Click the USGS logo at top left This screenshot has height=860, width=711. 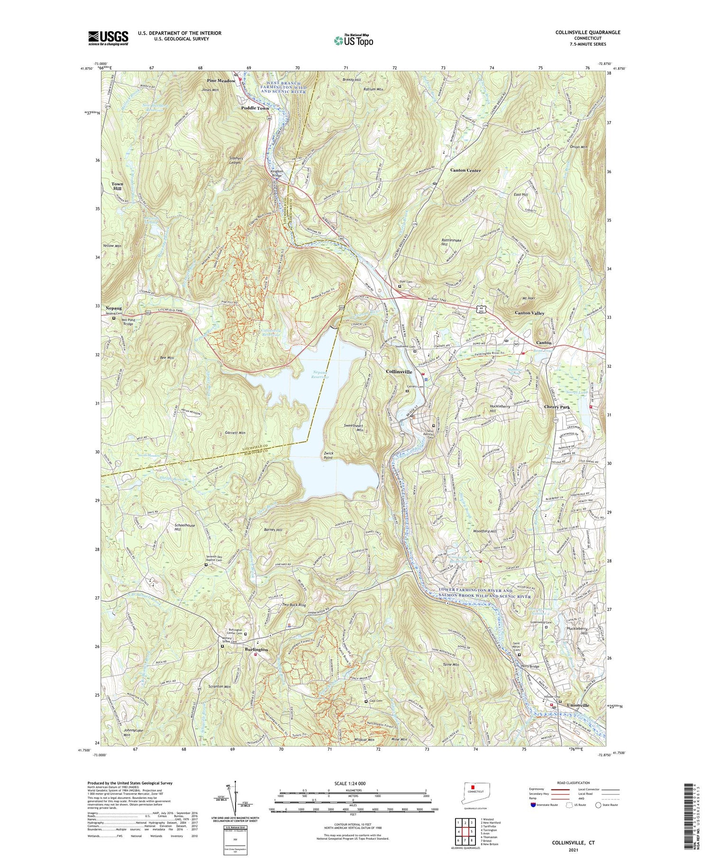coord(108,38)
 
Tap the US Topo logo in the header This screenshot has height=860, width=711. coord(353,41)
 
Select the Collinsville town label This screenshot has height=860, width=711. coord(399,372)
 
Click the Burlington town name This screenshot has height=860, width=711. coord(256,649)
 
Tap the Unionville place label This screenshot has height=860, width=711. coord(578,705)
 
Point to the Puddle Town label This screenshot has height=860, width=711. coord(255,108)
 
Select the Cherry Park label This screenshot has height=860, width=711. coord(556,407)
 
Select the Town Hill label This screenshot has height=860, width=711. coord(117,186)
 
